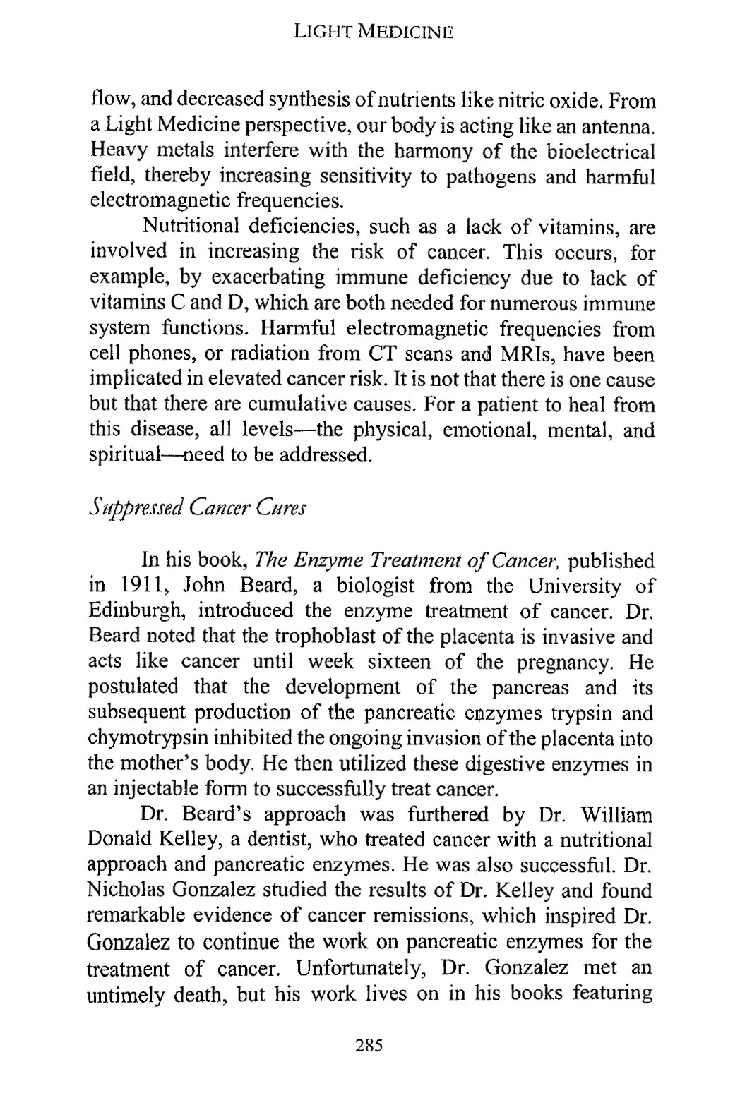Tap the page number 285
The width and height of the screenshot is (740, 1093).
point(369,1045)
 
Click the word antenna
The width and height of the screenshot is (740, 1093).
point(621,128)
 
